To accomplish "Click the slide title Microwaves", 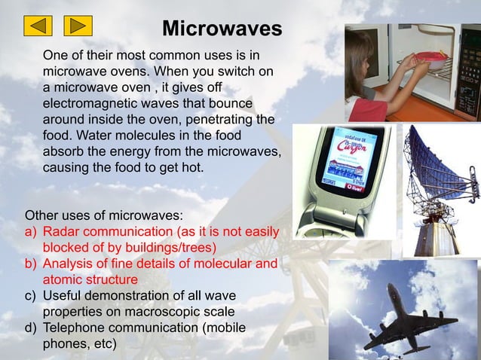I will pyautogui.click(x=222, y=29).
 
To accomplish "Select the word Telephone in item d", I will pyautogui.click(x=75, y=328).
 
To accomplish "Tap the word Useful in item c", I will pyautogui.click(x=63, y=296).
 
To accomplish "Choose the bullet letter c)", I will pyautogui.click(x=32, y=296).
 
